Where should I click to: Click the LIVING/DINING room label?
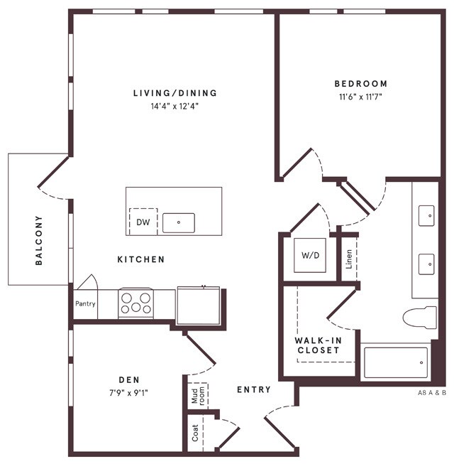[x=175, y=93]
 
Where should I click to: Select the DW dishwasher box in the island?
[x=143, y=222]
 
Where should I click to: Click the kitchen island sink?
[x=178, y=222]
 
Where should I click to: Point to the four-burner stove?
[x=135, y=303]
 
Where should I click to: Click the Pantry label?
[x=85, y=304]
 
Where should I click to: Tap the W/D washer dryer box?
[x=310, y=255]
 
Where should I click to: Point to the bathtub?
[x=395, y=362]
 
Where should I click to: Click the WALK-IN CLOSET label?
[x=319, y=345]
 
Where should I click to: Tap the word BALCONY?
[x=39, y=240]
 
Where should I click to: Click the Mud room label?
[x=198, y=395]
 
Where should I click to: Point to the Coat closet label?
[x=196, y=433]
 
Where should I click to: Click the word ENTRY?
[x=254, y=389]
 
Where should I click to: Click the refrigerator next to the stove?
[x=199, y=304]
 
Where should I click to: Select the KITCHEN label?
[x=140, y=260]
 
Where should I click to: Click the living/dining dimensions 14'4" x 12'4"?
[x=175, y=107]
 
